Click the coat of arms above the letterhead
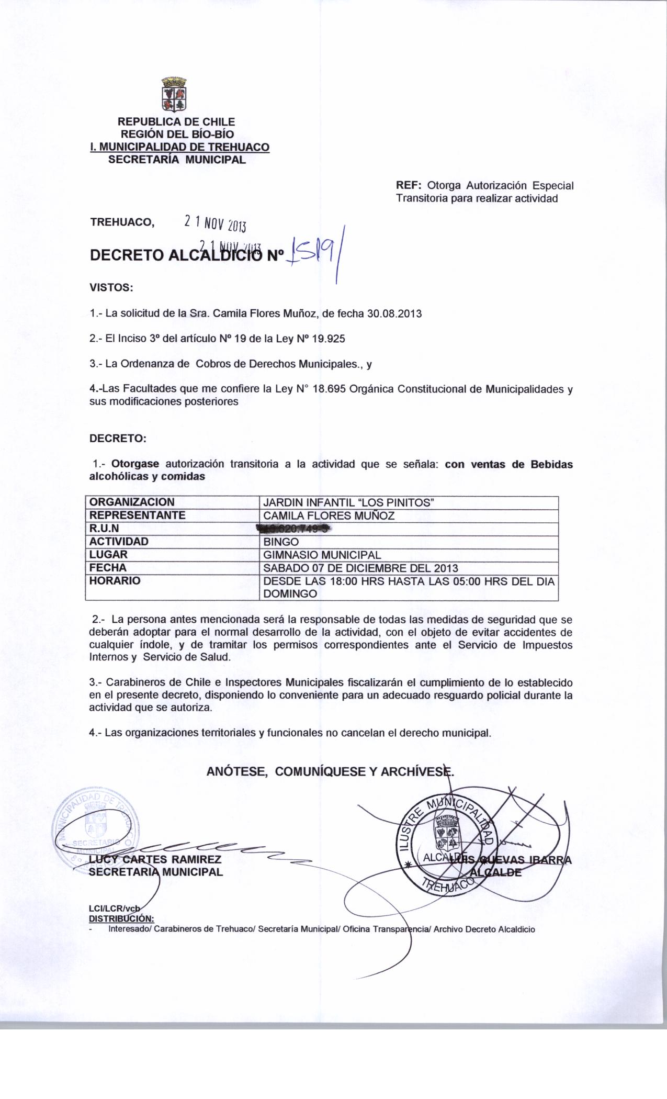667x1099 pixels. click(x=174, y=95)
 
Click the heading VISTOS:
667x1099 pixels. click(x=111, y=287)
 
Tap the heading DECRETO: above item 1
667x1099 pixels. click(x=118, y=438)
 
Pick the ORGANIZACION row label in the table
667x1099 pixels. click(x=132, y=502)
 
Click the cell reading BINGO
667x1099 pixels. click(x=281, y=542)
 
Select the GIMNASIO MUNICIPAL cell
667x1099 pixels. click(x=322, y=555)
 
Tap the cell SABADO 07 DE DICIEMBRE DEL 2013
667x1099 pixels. click(x=360, y=568)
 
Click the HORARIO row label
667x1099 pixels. click(x=115, y=581)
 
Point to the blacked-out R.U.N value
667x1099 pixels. click(x=295, y=529)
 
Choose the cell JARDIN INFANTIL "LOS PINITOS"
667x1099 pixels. click(x=348, y=502)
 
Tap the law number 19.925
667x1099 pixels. click(x=328, y=339)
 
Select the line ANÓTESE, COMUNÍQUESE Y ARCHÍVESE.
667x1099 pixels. click(x=330, y=771)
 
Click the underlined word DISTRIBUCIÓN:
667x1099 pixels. click(x=121, y=918)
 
